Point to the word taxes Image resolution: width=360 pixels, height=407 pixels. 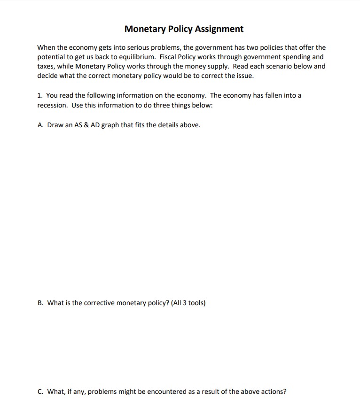[46, 66]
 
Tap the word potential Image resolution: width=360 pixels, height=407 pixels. [52, 57]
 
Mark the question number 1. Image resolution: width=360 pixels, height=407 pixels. [39, 95]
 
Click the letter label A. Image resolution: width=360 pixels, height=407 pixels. [40, 125]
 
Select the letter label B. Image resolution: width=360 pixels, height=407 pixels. [40, 303]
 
